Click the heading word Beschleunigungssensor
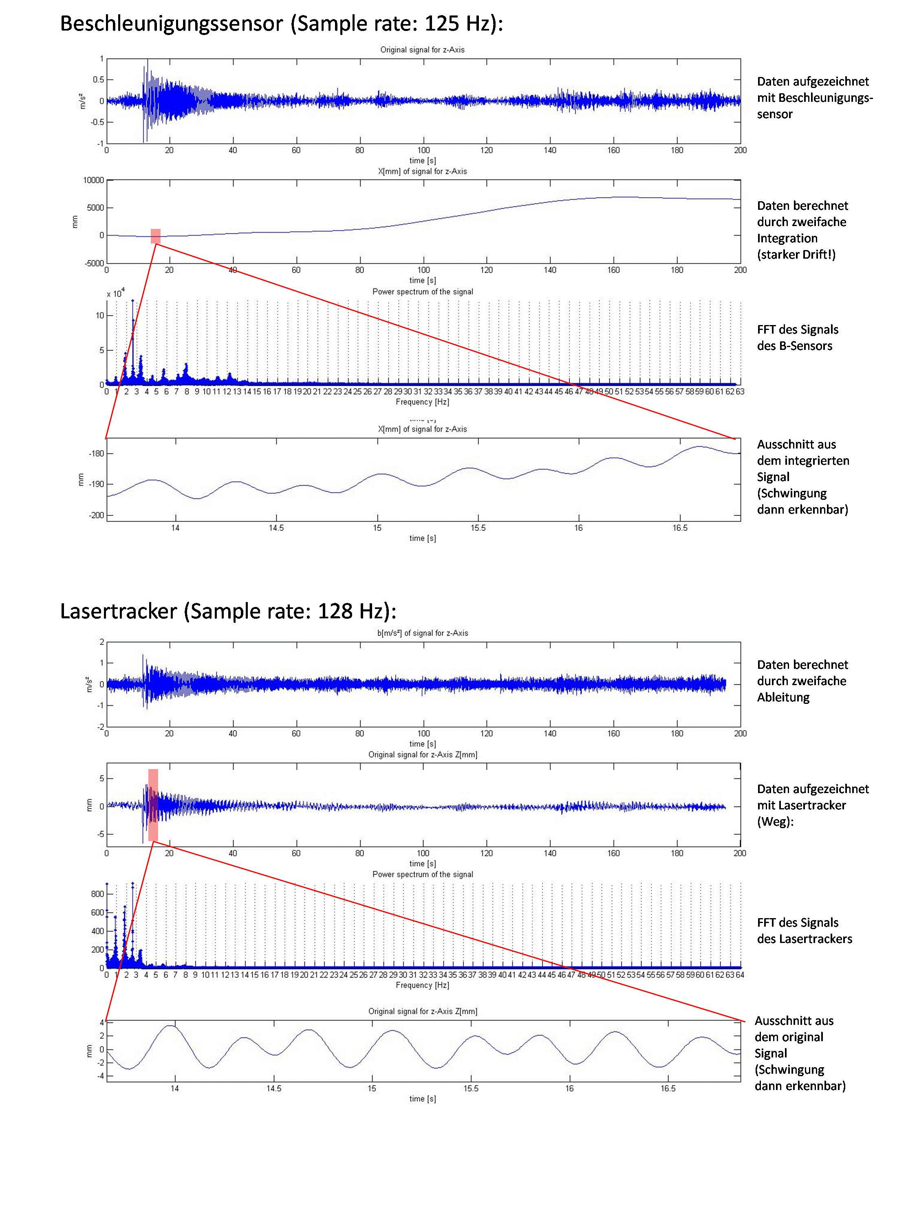click(x=171, y=24)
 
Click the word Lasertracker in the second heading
click(x=118, y=611)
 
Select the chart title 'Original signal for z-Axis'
click(x=422, y=50)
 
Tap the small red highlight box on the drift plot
click(x=155, y=236)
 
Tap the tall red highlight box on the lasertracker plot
click(x=153, y=805)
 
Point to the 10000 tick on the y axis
click(x=93, y=180)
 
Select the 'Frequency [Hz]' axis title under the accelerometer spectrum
click(x=422, y=402)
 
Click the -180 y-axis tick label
click(x=96, y=453)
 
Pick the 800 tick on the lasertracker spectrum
click(x=97, y=894)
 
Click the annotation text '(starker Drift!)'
click(x=796, y=255)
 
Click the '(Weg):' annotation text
click(x=775, y=822)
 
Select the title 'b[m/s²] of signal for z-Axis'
click(x=422, y=633)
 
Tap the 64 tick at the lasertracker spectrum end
click(x=740, y=975)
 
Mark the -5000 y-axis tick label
click(x=94, y=264)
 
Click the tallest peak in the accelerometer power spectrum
click(x=132, y=301)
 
